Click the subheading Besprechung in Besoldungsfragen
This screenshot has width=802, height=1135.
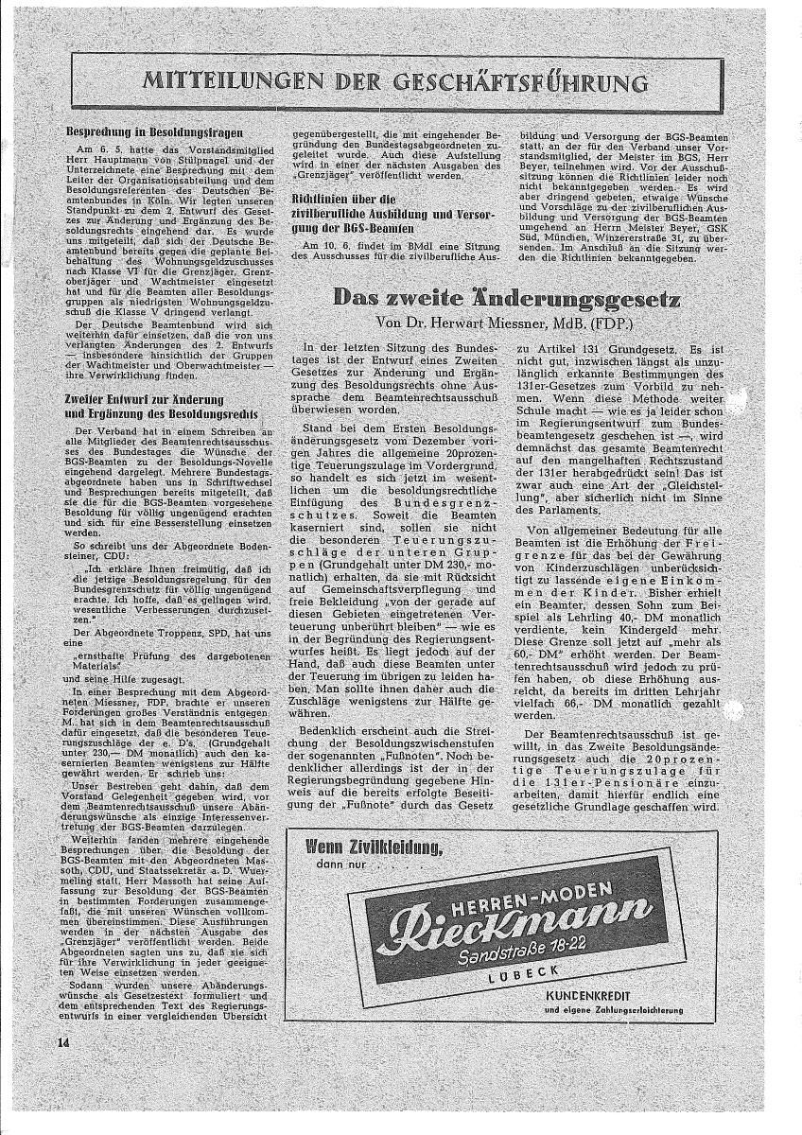pyautogui.click(x=155, y=133)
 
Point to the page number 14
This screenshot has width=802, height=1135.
pyautogui.click(x=63, y=1041)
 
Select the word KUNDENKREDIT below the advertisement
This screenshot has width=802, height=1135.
pyautogui.click(x=599, y=996)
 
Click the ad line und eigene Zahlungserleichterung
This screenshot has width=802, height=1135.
pyautogui.click(x=614, y=1011)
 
